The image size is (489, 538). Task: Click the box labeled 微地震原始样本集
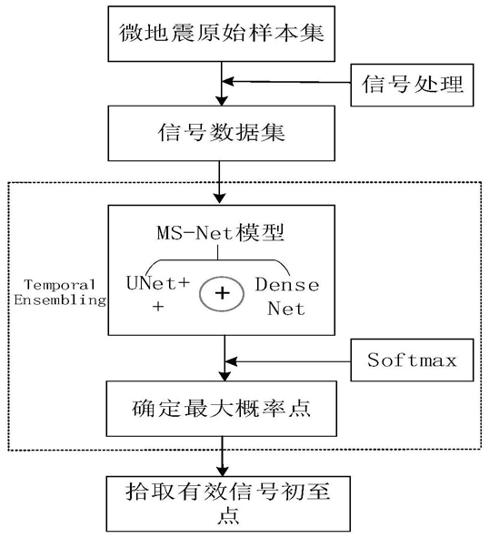pyautogui.click(x=222, y=34)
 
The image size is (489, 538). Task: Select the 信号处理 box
pyautogui.click(x=412, y=85)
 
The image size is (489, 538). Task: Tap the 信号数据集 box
pyautogui.click(x=222, y=133)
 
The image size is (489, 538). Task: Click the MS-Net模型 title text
pyautogui.click(x=220, y=233)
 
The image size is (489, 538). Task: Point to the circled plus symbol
pyautogui.click(x=222, y=294)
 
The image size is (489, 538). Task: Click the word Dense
pyautogui.click(x=287, y=285)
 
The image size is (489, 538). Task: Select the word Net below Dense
pyautogui.click(x=286, y=309)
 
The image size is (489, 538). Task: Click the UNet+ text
pyautogui.click(x=158, y=283)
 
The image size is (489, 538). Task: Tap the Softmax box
pyautogui.click(x=412, y=360)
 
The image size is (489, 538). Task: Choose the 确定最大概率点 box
pyautogui.click(x=222, y=409)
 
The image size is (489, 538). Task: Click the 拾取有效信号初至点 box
pyautogui.click(x=228, y=503)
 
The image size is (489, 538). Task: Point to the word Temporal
pyautogui.click(x=60, y=285)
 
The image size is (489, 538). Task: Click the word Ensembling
pyautogui.click(x=60, y=300)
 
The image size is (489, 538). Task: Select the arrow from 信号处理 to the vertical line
pyautogui.click(x=286, y=82)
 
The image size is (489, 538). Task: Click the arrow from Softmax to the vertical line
pyautogui.click(x=288, y=361)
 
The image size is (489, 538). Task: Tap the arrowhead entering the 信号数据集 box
pyautogui.click(x=222, y=101)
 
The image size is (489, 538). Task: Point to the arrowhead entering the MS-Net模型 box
pyautogui.click(x=219, y=198)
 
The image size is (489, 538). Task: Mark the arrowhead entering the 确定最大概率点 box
pyautogui.click(x=225, y=376)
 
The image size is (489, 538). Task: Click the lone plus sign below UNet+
pyautogui.click(x=158, y=307)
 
